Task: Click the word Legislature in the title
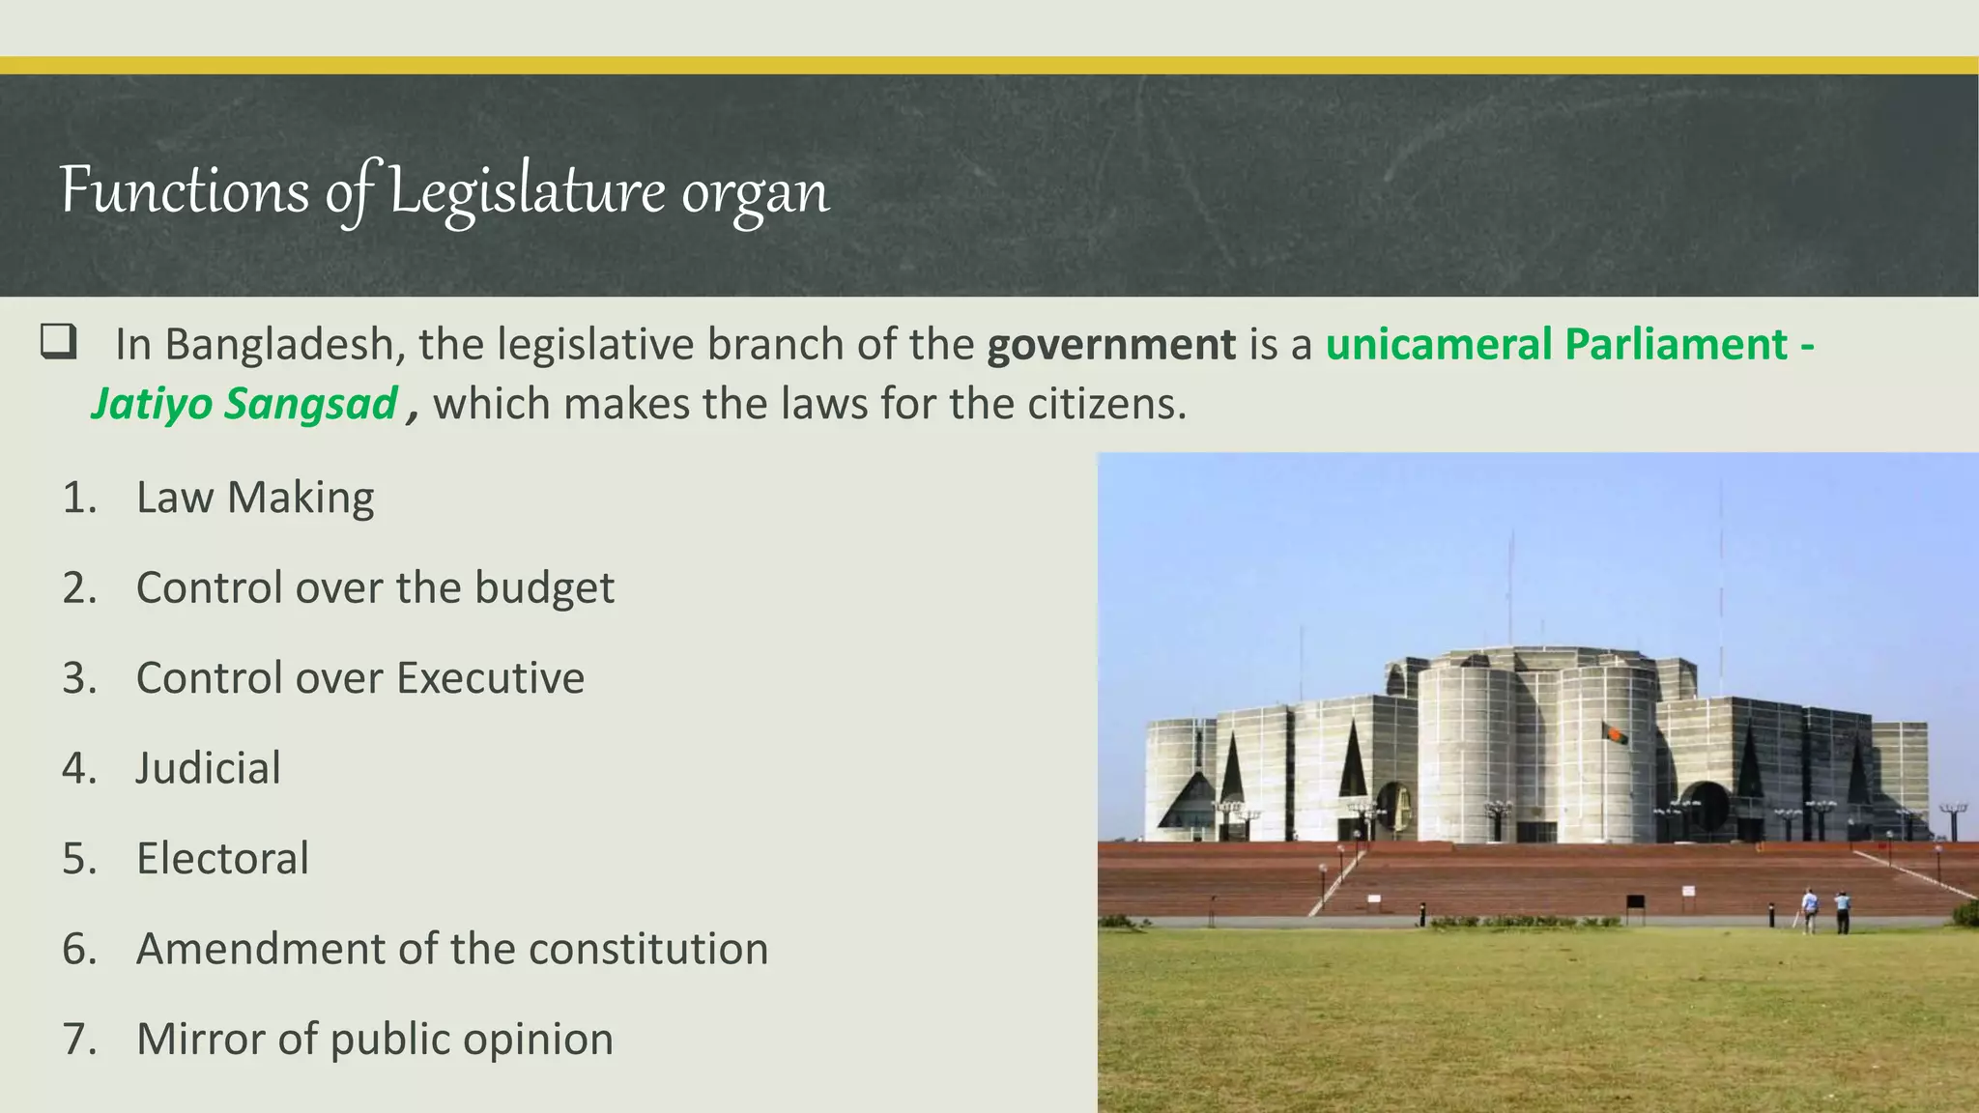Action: (527, 191)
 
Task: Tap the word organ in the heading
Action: (755, 193)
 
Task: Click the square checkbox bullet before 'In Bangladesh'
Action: (58, 342)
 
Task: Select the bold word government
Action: (1110, 345)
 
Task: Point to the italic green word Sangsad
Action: (310, 404)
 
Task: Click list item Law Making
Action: (255, 499)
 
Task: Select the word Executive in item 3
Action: (490, 678)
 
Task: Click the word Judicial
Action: (208, 769)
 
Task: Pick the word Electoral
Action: (222, 859)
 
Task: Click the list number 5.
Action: (79, 859)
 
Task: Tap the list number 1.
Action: (79, 499)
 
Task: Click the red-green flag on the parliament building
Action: (1615, 734)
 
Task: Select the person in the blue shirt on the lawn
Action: (1842, 911)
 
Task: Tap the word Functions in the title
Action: (184, 190)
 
